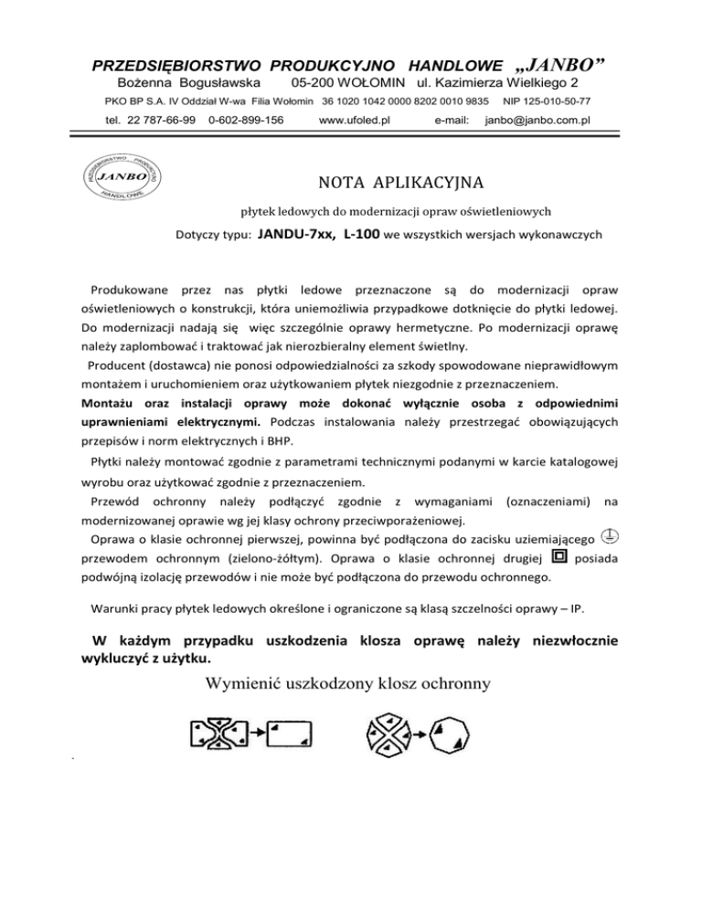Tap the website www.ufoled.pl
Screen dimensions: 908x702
coord(355,120)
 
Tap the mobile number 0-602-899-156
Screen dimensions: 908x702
coord(246,120)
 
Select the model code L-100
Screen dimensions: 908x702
coord(364,234)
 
